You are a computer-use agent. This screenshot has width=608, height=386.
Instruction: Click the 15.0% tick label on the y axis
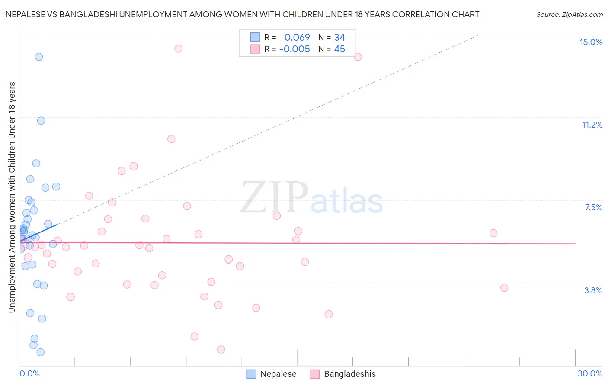pos(591,42)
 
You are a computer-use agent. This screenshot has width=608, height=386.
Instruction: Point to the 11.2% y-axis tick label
pos(592,125)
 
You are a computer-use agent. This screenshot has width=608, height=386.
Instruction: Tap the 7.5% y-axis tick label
pos(593,207)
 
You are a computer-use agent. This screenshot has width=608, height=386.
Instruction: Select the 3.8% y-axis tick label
pos(593,290)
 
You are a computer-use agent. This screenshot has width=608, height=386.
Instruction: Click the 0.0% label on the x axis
pos(29,373)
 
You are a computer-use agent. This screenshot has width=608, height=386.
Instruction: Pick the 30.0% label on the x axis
pos(590,373)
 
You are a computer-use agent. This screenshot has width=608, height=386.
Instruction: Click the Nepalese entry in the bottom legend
pos(278,374)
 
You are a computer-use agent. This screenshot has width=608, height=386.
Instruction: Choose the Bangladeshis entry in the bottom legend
pos(349,374)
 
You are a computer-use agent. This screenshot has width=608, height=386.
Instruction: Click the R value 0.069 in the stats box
pos(297,37)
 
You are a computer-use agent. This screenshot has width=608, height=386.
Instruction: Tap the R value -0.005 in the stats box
pos(294,49)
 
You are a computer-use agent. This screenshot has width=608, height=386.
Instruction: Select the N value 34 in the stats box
pos(339,37)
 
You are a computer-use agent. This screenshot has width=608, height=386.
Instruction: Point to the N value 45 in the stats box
pos(339,49)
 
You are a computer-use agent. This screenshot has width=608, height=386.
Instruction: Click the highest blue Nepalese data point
pos(39,57)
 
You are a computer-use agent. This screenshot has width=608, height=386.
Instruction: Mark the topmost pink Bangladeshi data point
pos(178,48)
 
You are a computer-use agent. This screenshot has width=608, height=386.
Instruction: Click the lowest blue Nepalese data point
pos(40,352)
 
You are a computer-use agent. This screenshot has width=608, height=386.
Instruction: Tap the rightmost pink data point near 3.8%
pos(504,288)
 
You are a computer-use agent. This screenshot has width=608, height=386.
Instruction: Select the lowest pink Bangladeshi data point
pos(221,349)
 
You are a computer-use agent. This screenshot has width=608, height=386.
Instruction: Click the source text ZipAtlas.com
pos(569,14)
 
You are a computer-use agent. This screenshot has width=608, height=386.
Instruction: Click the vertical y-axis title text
pos(12,197)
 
